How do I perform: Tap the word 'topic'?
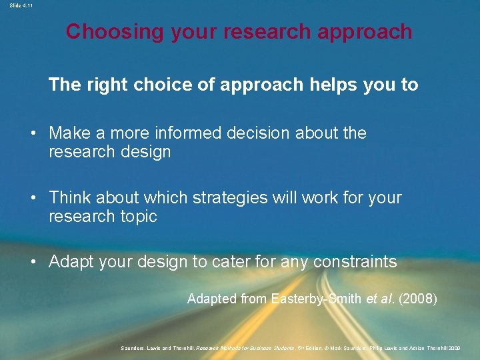138,216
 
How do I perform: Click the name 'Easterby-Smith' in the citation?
317,299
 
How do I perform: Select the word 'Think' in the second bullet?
70,197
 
